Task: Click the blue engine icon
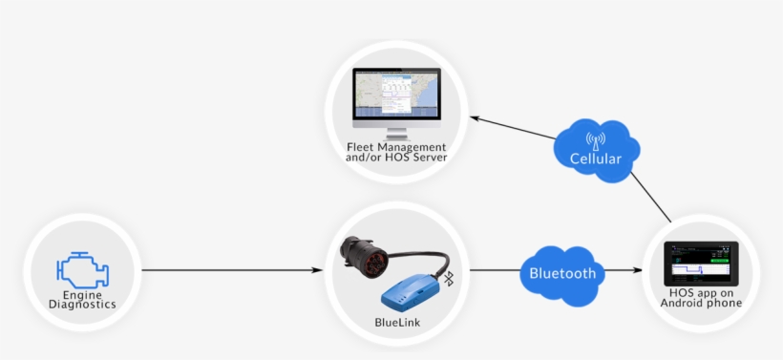(x=82, y=269)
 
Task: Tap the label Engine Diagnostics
(x=82, y=300)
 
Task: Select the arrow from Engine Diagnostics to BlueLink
(x=229, y=270)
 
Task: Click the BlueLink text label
(x=396, y=323)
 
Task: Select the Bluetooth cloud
(x=562, y=274)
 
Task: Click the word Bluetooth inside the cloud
(x=562, y=274)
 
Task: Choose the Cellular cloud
(x=595, y=150)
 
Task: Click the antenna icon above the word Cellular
(x=596, y=138)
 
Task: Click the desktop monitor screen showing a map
(x=395, y=95)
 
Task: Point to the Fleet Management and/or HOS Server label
(x=395, y=151)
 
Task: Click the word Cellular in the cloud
(x=595, y=159)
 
